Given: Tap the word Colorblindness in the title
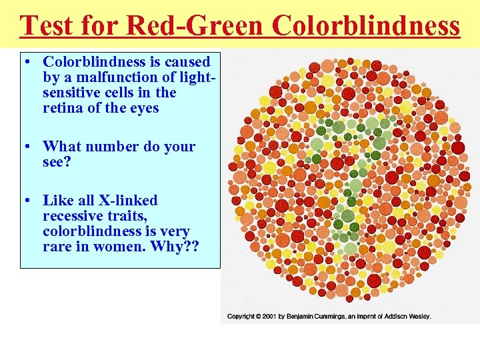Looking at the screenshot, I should point(366,25).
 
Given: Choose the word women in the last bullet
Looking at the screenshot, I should point(126,247).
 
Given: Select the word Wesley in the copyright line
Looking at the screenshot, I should point(418,316).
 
